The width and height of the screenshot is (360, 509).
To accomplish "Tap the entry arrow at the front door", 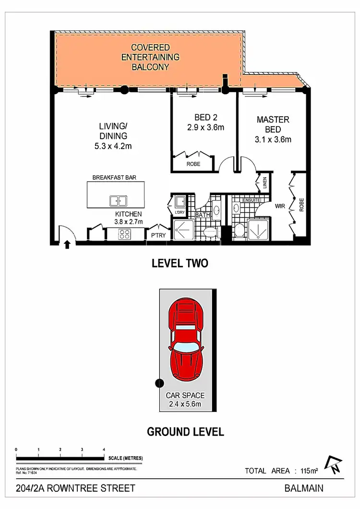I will pyautogui.click(x=67, y=245).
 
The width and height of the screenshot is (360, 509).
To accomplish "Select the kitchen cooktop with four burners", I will pyautogui.click(x=125, y=234).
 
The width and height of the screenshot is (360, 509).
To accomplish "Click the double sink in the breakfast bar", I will pyautogui.click(x=118, y=201).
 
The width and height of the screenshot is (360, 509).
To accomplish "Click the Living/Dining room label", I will pyautogui.click(x=113, y=131).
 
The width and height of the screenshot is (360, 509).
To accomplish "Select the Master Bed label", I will pyautogui.click(x=273, y=124).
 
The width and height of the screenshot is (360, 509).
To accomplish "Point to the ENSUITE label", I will pyautogui.click(x=252, y=200).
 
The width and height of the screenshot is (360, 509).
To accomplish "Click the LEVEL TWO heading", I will pyautogui.click(x=180, y=263).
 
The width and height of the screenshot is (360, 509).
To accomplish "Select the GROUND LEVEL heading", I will pyautogui.click(x=185, y=432).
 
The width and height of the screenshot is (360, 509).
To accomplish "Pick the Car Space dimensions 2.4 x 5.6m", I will pyautogui.click(x=185, y=404).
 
